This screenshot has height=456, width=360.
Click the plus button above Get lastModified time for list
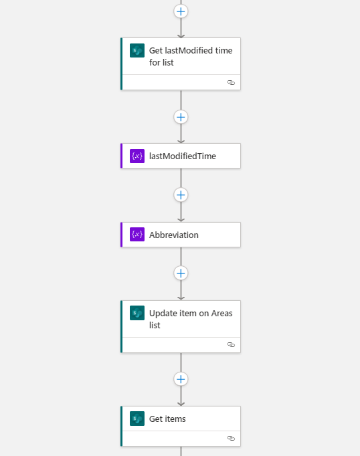coord(181,11)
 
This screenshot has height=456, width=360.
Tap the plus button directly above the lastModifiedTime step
coord(181,117)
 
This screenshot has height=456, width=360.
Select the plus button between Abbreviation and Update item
coord(181,273)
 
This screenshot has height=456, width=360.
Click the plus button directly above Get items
coord(181,379)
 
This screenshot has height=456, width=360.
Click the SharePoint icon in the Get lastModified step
coord(137,50)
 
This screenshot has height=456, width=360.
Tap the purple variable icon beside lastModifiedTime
coord(137,156)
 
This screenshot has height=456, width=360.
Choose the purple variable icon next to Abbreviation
coord(137,235)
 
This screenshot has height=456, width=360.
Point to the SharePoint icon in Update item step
coord(137,313)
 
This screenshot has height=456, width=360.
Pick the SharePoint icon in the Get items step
coord(137,419)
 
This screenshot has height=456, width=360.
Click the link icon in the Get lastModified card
coord(231,83)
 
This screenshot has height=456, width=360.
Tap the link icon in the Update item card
coord(231,344)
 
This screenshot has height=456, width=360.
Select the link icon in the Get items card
coord(231,438)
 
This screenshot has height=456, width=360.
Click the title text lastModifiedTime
coord(183,156)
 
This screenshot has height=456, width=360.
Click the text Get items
coord(167,419)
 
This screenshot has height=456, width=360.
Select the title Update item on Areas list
coord(191,319)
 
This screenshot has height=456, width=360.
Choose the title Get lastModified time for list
coord(191,56)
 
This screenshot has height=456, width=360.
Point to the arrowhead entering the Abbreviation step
coord(181,220)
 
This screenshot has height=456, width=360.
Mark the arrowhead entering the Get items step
coord(181,404)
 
